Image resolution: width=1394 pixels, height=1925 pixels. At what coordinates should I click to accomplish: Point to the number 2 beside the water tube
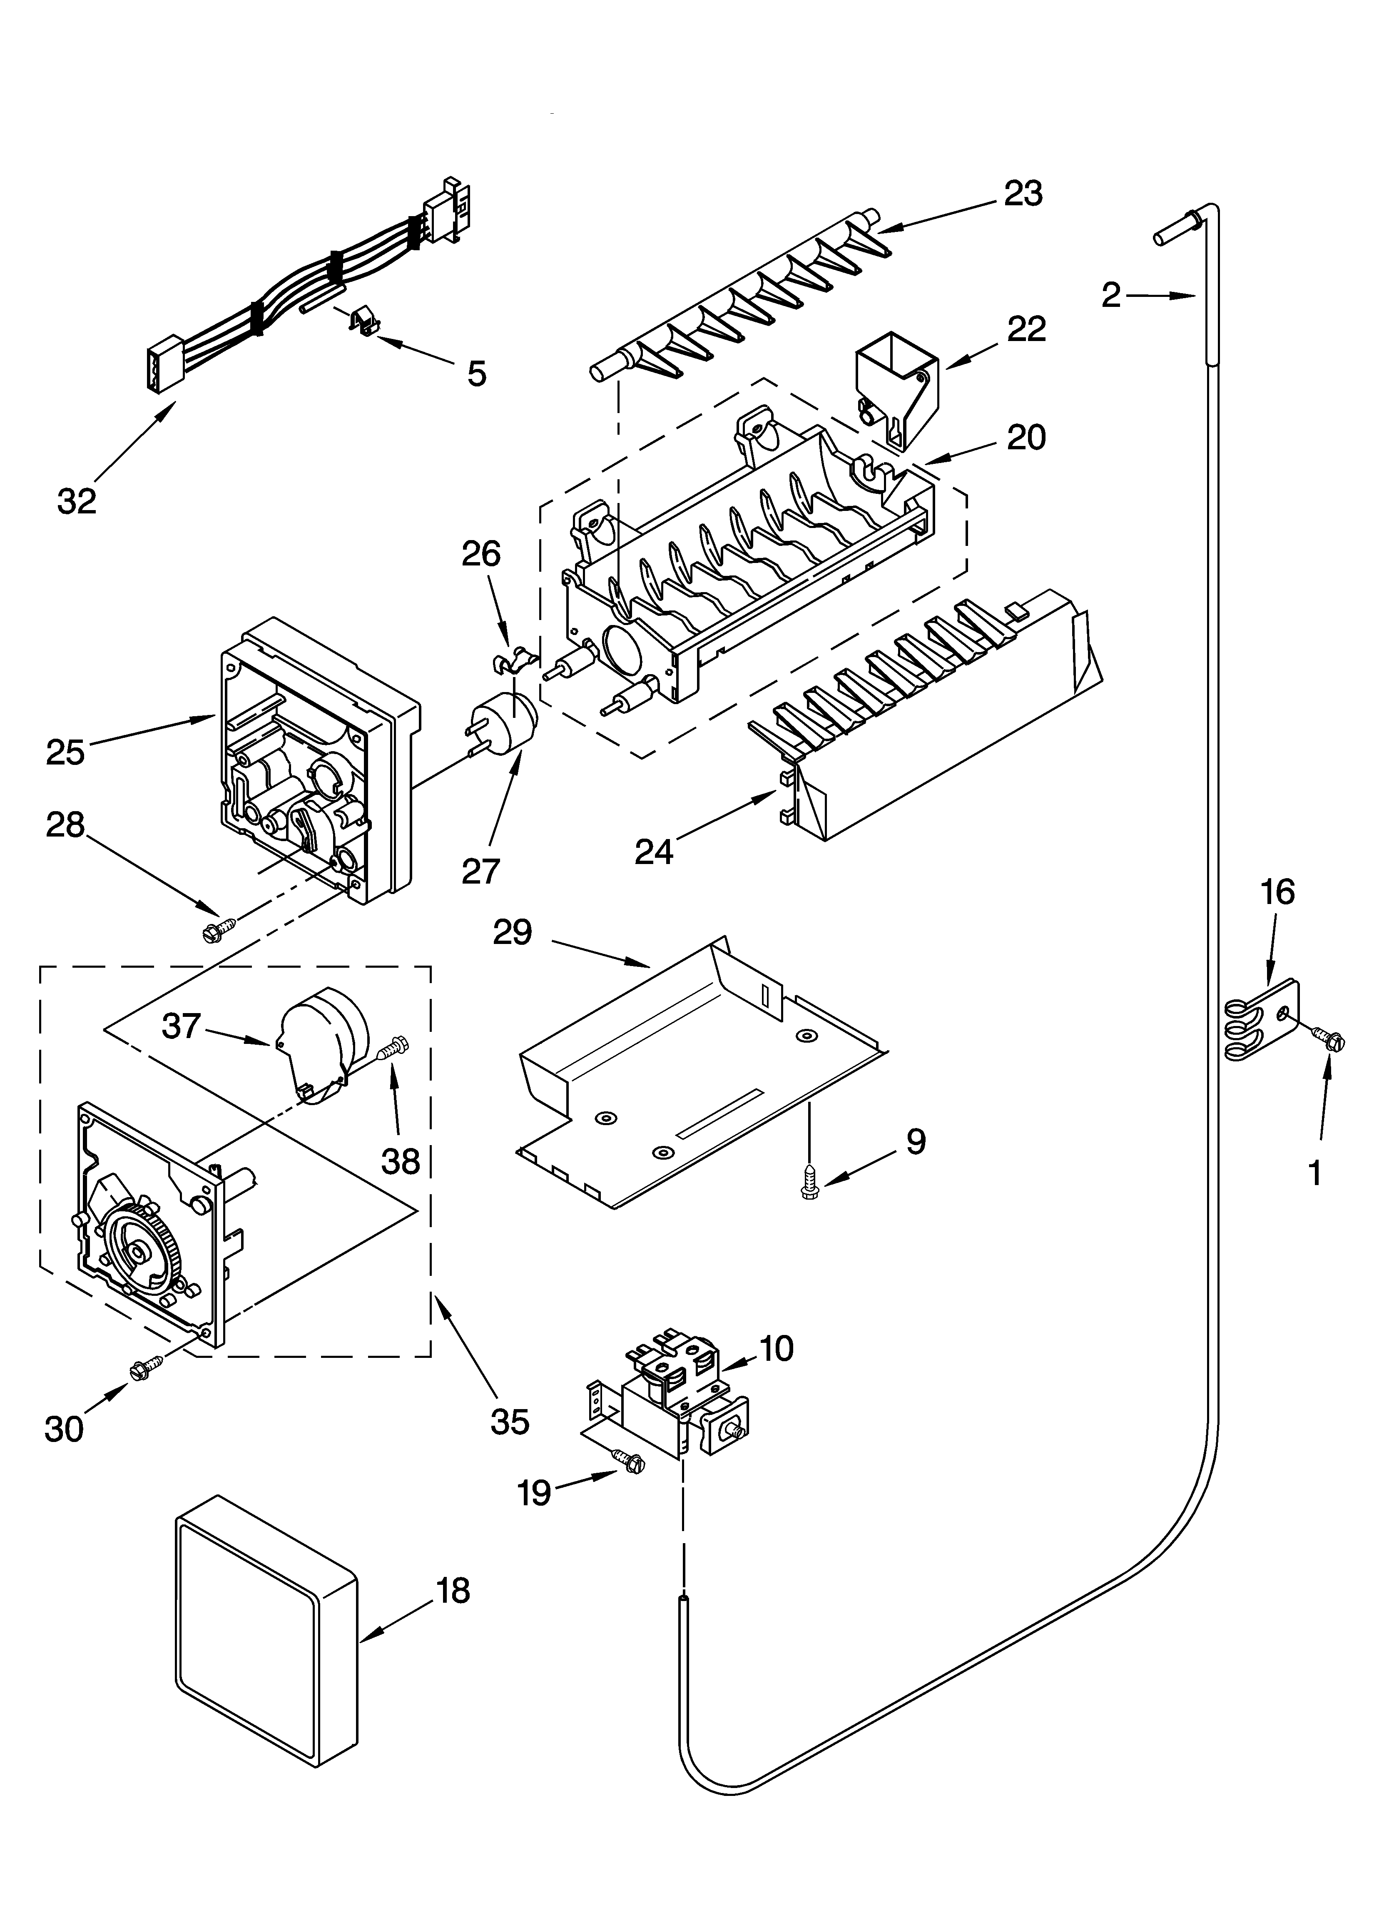pos(1110,295)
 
